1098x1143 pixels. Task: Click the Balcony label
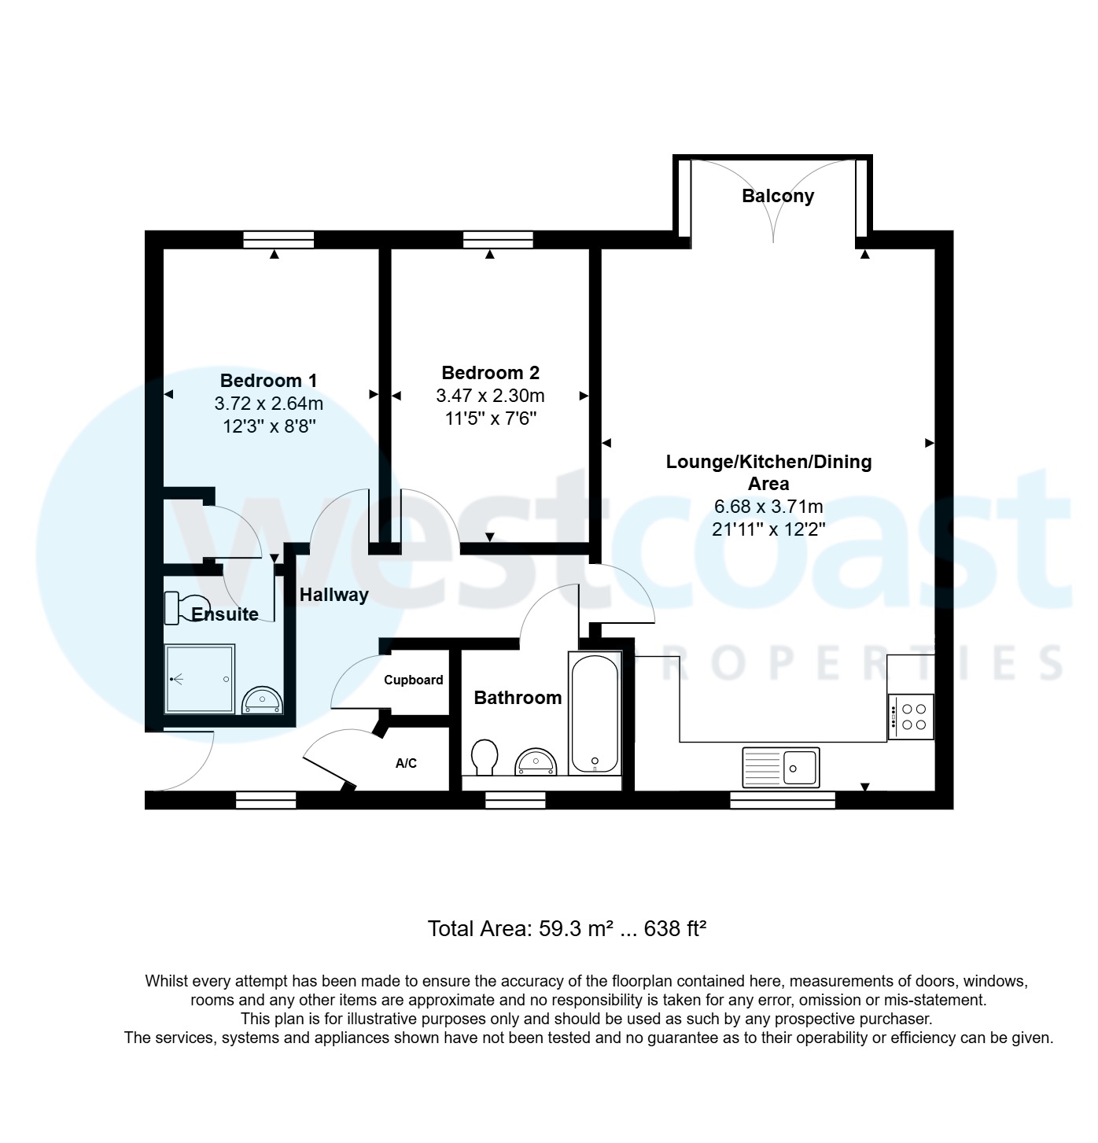(777, 196)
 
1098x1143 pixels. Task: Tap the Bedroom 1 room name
(268, 381)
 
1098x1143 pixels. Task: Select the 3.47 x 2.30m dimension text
(490, 396)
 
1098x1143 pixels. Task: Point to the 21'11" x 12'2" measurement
(768, 529)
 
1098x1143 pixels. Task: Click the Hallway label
(333, 595)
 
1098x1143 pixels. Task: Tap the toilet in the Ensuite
(179, 608)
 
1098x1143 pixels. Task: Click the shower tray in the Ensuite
(200, 679)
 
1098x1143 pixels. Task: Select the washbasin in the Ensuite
(262, 699)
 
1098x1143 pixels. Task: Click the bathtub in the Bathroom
(594, 713)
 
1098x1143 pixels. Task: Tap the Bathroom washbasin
(536, 762)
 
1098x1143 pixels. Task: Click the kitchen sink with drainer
(779, 767)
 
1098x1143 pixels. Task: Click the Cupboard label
(413, 680)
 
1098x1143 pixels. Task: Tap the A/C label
(406, 763)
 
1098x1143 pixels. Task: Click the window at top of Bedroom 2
(498, 239)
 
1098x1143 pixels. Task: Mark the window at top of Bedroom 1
(278, 239)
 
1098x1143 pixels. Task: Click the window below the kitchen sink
(782, 801)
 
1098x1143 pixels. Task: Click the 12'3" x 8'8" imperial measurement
(268, 426)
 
